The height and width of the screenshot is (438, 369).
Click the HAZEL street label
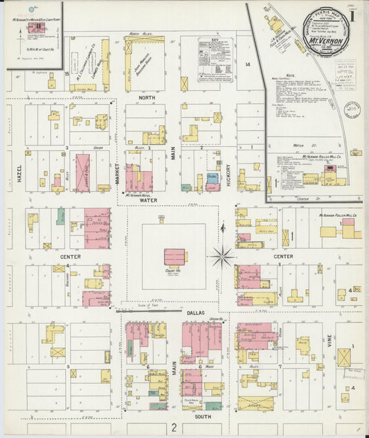tap(19, 173)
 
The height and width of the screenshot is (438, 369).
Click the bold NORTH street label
tap(147, 98)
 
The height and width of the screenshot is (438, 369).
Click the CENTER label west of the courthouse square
tap(71, 256)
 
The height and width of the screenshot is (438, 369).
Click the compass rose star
tap(222, 256)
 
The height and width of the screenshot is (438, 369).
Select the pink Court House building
tap(175, 256)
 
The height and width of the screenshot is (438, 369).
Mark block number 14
tap(246, 64)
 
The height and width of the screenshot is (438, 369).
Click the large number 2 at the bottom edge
tap(175, 428)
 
